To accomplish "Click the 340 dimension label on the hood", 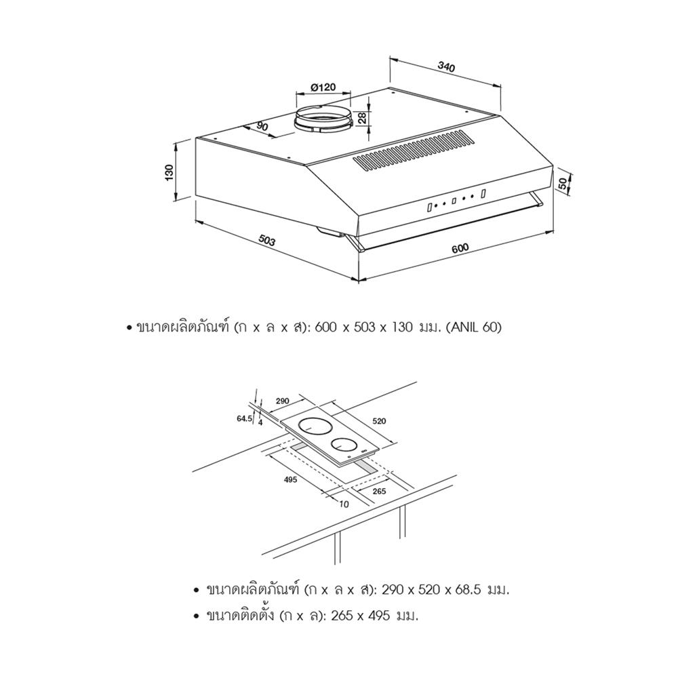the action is coord(446,67).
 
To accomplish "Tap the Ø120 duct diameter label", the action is coord(323,87).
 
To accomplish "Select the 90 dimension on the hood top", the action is coord(262,126).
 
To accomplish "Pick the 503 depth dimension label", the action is coord(266,240).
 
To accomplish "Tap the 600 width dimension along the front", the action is coord(460,248).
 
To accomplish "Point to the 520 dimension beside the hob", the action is coord(379,421).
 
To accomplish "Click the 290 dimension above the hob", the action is coord(282,401).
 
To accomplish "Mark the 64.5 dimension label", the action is coord(244,418).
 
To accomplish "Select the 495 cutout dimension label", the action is coord(290,479).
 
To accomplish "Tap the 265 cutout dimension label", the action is coord(379,491).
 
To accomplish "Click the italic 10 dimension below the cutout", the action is coord(344,504).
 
